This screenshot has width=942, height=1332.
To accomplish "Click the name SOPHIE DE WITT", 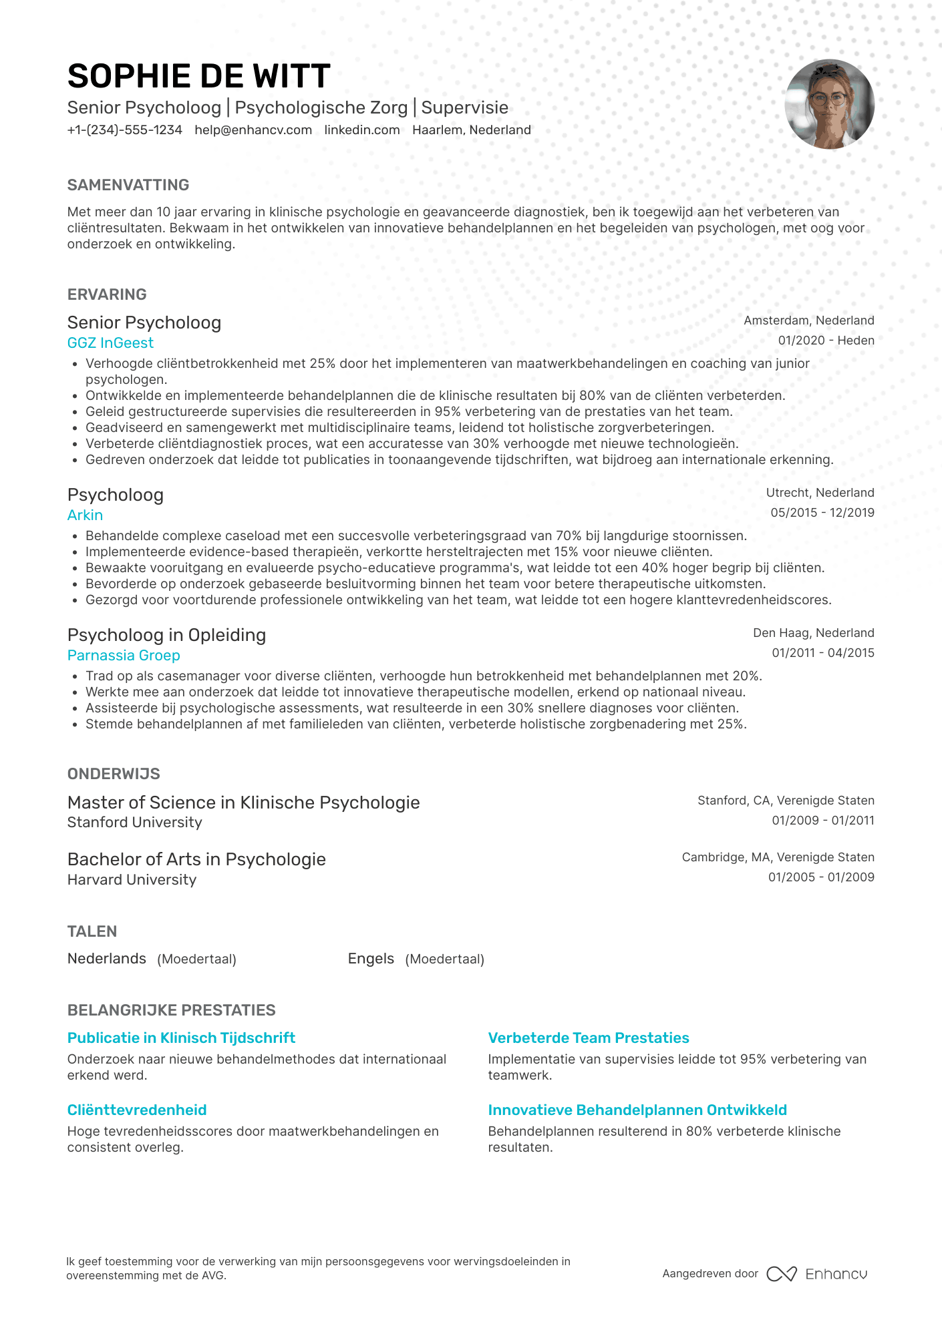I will click(x=198, y=76).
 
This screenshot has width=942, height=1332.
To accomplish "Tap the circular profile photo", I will click(x=829, y=104).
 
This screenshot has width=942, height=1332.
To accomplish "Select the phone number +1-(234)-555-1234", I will click(x=124, y=130).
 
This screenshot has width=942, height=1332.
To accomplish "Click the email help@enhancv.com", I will click(x=253, y=130).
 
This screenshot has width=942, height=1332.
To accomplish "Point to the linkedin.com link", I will click(x=362, y=130).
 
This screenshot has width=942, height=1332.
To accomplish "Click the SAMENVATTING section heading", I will click(x=128, y=185).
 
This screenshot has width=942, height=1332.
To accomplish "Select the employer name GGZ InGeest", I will click(x=110, y=343).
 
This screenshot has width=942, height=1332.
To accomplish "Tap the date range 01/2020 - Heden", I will click(x=826, y=341).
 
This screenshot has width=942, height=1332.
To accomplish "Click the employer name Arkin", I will click(x=85, y=515).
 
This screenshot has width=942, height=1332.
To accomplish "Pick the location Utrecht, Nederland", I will click(x=820, y=493).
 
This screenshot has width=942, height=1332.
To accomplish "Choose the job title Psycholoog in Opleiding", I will click(x=166, y=635).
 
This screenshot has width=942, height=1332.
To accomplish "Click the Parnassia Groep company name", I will click(x=124, y=656).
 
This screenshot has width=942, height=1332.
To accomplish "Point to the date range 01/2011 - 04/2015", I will click(x=822, y=653).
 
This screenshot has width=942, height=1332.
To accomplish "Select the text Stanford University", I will click(x=134, y=823).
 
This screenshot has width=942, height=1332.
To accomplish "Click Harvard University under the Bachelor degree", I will click(x=132, y=880).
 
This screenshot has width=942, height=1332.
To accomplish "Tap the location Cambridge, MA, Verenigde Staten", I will click(x=778, y=857).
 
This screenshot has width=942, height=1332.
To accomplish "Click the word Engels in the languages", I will click(x=371, y=959).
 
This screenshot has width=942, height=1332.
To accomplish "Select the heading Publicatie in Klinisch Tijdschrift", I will click(x=181, y=1038).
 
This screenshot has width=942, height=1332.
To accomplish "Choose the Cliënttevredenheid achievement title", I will click(x=137, y=1110).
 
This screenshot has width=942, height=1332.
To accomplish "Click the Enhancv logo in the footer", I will click(x=816, y=1274).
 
